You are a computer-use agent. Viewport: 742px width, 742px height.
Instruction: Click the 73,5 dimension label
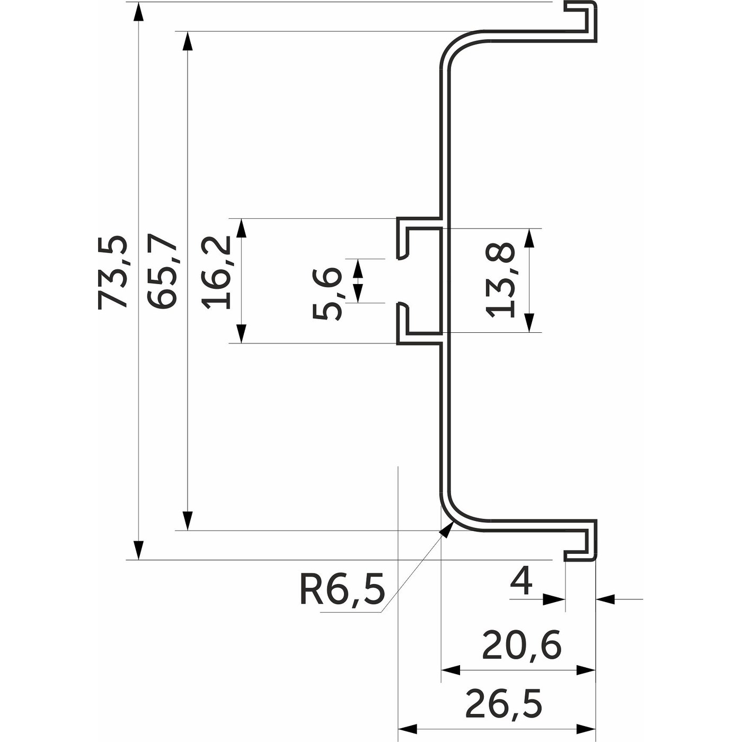112,272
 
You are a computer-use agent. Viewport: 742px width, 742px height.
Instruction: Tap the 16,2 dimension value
217,272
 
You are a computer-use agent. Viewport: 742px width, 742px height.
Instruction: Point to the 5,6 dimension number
328,293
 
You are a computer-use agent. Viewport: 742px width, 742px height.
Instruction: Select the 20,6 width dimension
522,645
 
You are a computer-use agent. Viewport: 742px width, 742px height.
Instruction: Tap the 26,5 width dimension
503,704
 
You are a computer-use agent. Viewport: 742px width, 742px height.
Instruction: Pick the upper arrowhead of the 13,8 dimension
528,238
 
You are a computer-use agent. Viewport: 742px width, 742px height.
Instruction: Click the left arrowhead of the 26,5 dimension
407,729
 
